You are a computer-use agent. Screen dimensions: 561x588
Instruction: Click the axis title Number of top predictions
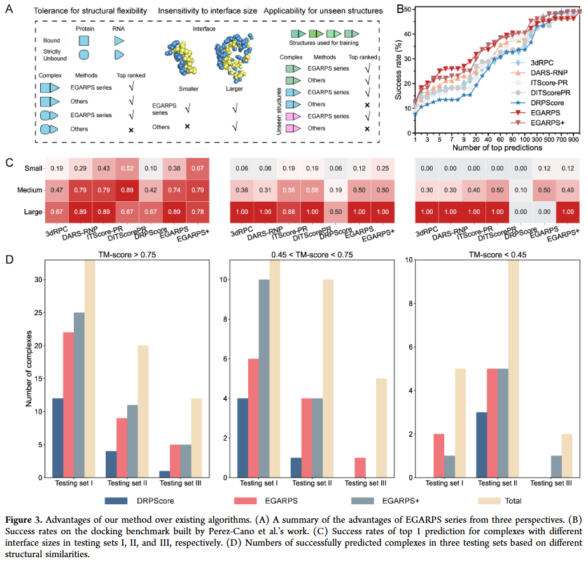[x=497, y=148]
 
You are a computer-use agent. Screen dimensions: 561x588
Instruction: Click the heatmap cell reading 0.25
[x=383, y=168]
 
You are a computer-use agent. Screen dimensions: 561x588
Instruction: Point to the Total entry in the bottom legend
[x=506, y=501]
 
